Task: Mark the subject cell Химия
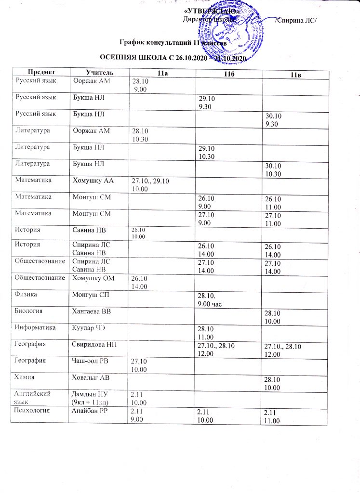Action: [25, 377]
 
